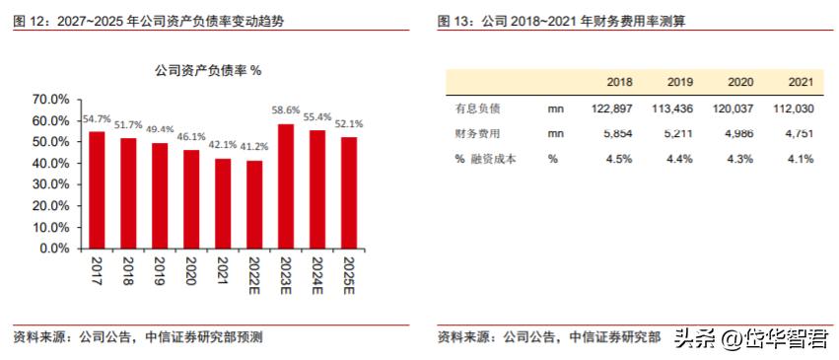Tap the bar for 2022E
pos(254,204)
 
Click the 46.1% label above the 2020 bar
pos(191,138)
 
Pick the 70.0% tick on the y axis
pos(50,100)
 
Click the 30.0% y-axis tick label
pos(50,184)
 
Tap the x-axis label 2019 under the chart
pos(160,270)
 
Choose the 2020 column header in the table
pos(740,83)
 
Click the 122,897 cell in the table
pos(613,108)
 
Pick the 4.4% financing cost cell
pos(680,158)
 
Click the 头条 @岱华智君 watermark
pos(750,337)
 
